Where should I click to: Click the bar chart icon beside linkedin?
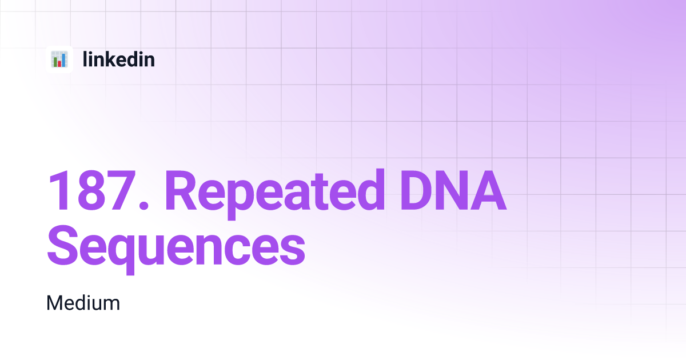(59, 59)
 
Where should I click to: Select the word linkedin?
(119, 59)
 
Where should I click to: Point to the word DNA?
(453, 191)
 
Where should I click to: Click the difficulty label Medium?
(83, 303)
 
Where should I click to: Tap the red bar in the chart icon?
(59, 63)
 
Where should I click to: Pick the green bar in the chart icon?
(55, 62)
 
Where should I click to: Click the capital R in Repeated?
(181, 191)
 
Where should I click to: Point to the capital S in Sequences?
(63, 246)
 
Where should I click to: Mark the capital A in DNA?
(488, 191)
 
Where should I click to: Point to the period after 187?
(143, 206)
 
